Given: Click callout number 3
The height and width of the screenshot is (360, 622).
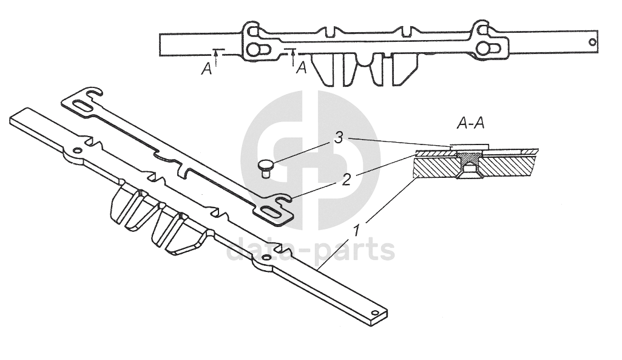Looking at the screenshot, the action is tap(339, 139).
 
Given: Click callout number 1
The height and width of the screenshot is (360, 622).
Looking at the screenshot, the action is tap(357, 231).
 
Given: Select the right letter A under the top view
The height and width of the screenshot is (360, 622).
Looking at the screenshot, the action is tap(300, 68).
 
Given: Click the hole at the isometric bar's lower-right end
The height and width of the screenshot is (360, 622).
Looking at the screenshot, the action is tap(376, 313).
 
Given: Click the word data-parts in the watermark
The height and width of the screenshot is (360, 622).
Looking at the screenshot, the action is tap(310, 250).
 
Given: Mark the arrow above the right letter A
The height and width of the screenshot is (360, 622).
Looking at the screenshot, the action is tap(293, 56).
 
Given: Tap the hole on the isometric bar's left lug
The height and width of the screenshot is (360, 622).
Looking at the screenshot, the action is tap(77, 151).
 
